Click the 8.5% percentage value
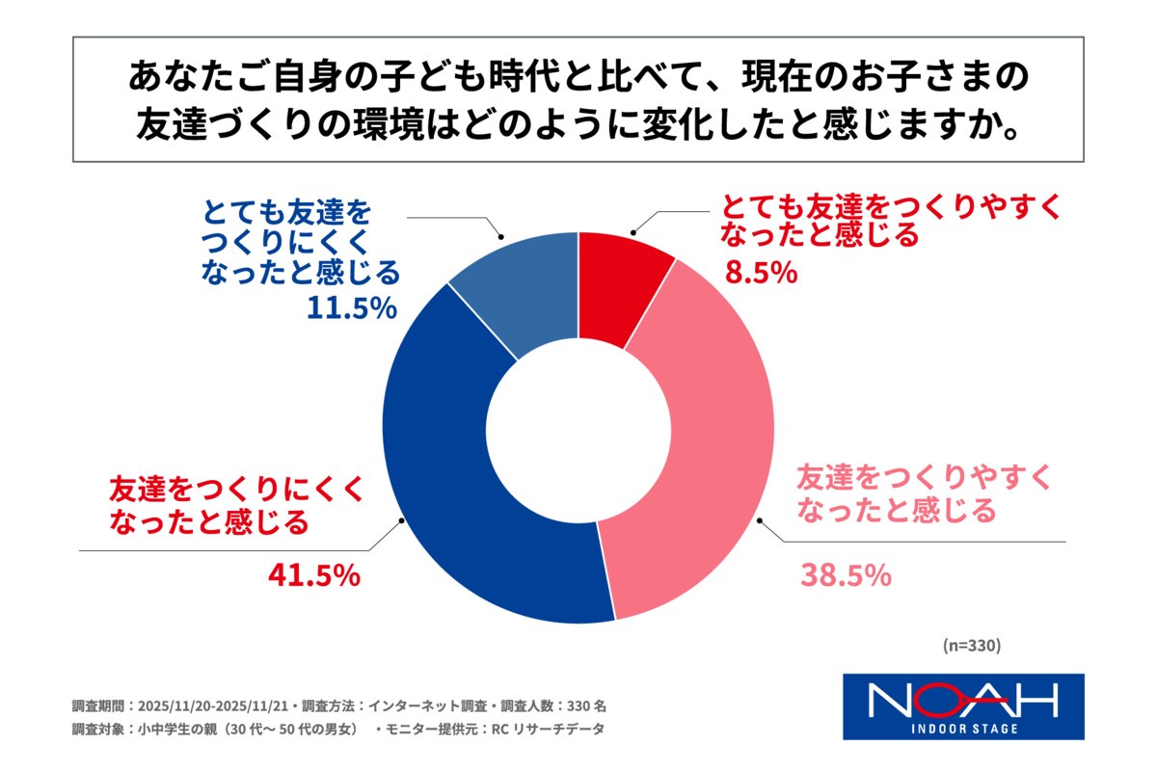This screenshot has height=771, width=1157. tap(761, 274)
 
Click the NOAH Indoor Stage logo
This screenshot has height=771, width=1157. tap(963, 706)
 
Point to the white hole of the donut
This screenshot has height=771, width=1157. tap(578, 430)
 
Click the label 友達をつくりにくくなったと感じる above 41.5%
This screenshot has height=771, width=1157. tap(236, 505)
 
